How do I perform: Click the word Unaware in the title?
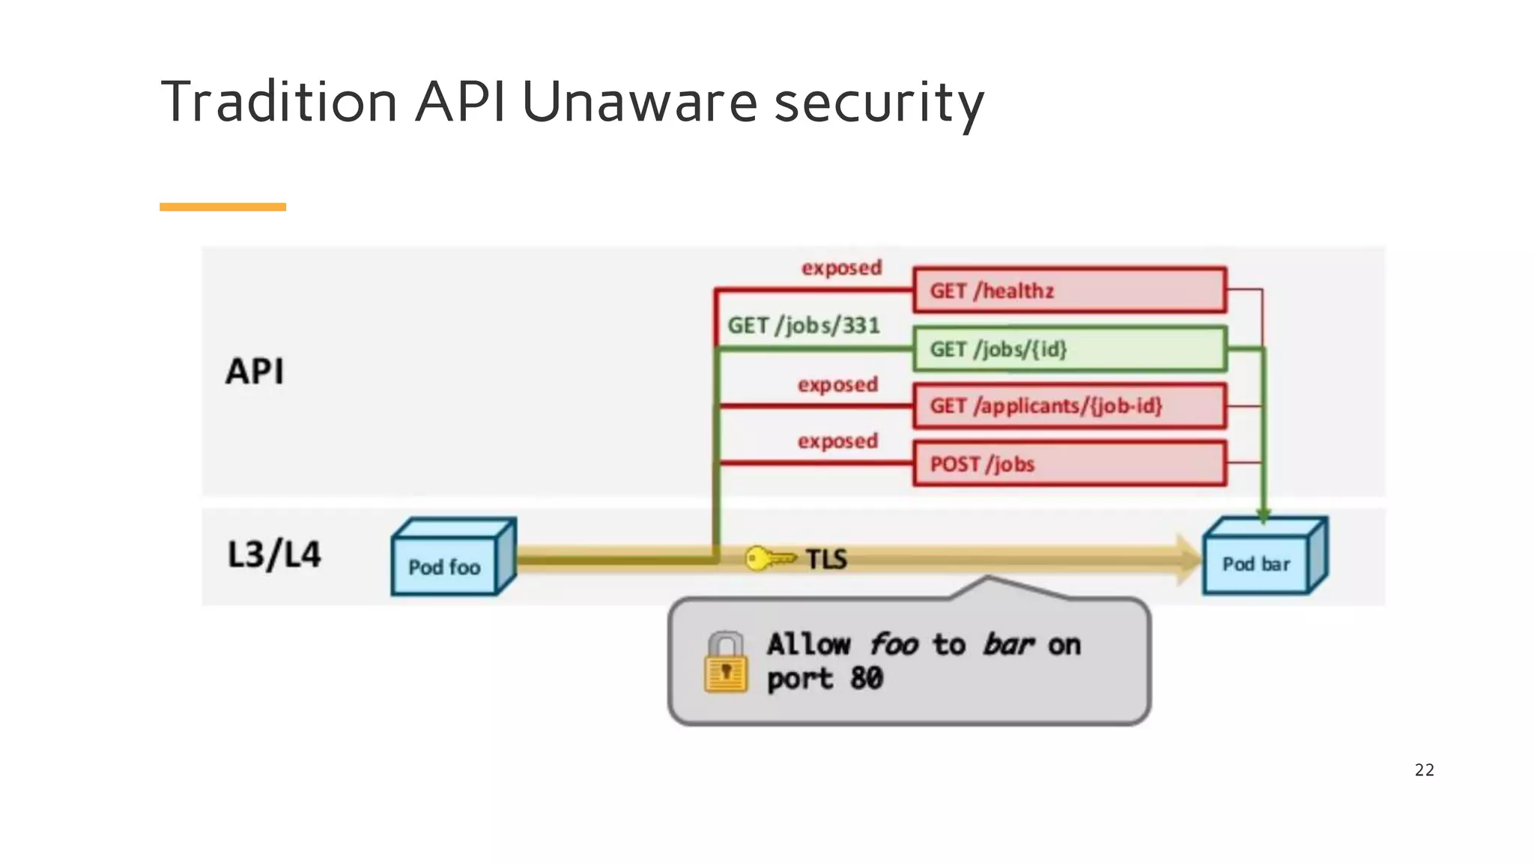[639, 102]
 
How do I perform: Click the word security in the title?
[878, 103]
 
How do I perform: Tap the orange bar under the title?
[222, 207]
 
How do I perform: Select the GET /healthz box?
[1069, 290]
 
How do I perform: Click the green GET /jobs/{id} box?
[1069, 348]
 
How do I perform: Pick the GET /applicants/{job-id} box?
[1069, 406]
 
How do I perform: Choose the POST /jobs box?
[1069, 464]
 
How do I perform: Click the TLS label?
[826, 559]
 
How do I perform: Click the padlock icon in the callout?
[725, 662]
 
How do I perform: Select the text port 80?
[825, 679]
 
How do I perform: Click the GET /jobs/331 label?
[803, 325]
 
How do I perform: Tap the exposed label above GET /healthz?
[841, 267]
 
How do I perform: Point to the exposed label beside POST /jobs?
[837, 441]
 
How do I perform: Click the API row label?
[255, 372]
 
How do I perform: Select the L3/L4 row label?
[273, 555]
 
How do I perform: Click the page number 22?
[1424, 770]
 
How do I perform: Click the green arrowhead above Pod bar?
[1264, 515]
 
